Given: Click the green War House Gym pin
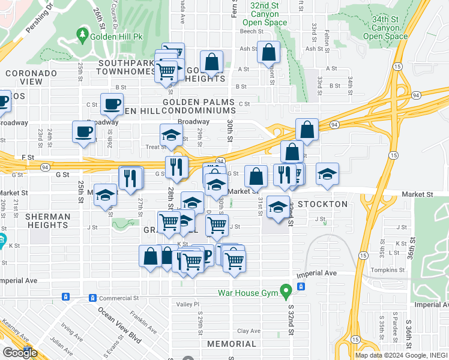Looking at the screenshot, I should (286, 292).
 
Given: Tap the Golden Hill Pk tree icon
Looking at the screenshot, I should (82, 37).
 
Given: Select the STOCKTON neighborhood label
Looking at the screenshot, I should (323, 204).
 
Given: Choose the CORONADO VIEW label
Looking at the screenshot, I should (31, 77).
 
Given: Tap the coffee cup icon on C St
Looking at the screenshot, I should (112, 104).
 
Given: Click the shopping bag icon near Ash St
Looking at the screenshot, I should (268, 52).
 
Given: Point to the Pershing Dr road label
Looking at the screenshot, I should (40, 20).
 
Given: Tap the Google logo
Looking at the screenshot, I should (20, 353).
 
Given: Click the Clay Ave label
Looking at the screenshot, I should (249, 331).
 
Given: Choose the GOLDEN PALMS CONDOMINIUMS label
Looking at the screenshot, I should (198, 106).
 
